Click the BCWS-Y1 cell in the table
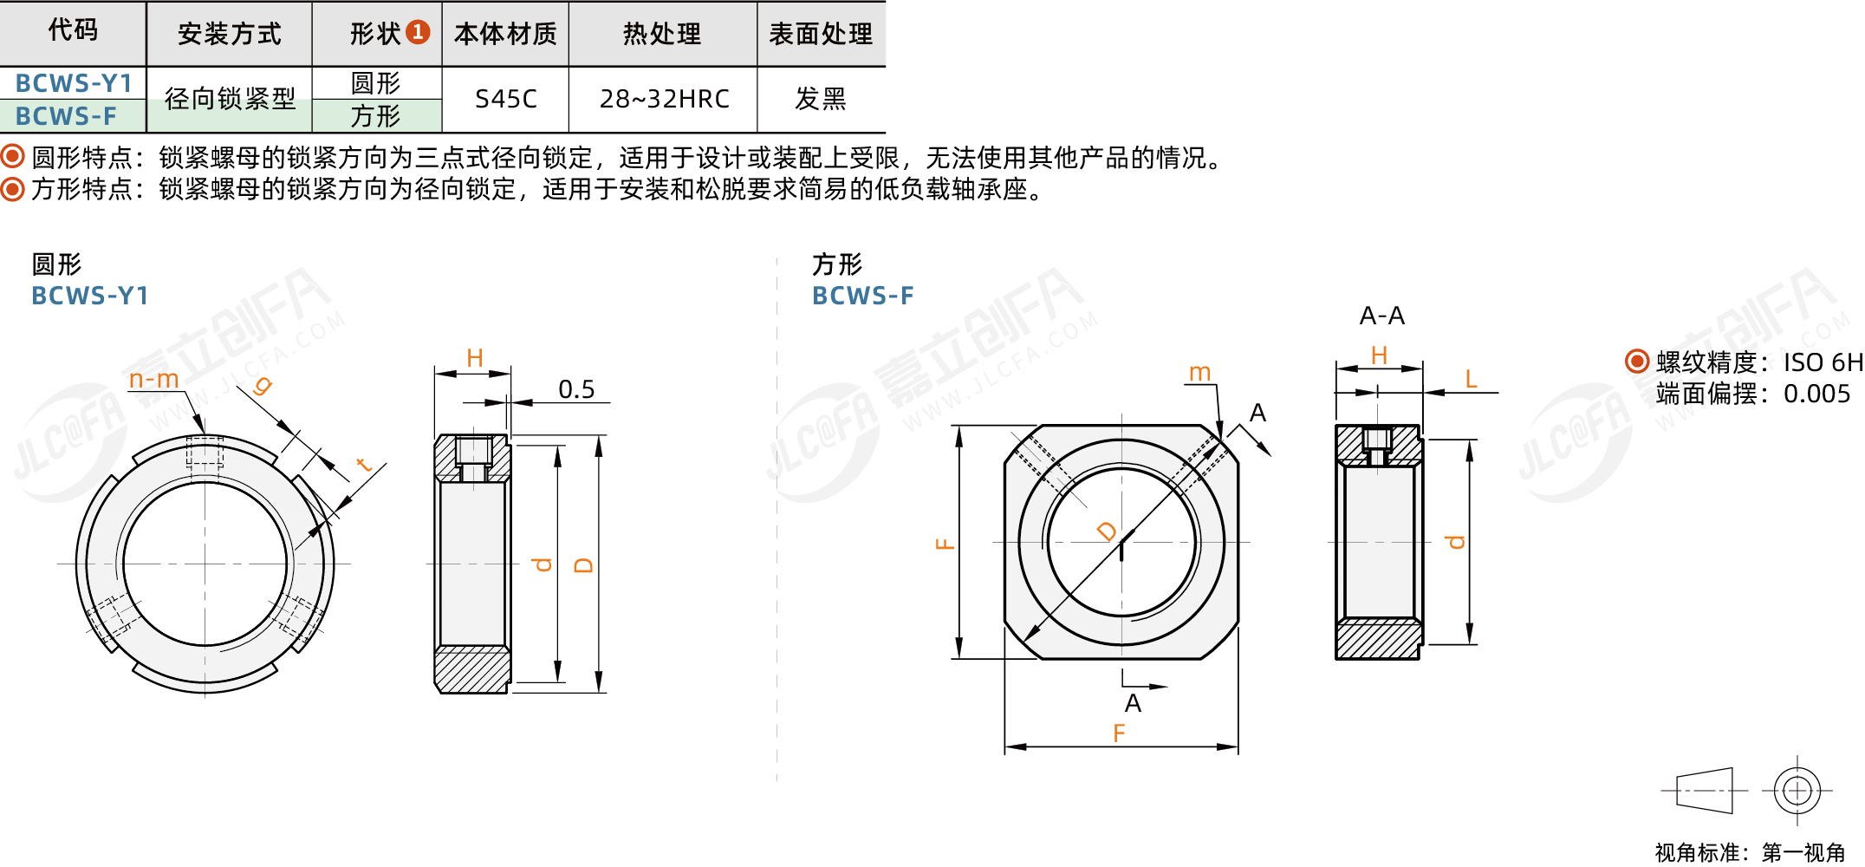pyautogui.click(x=74, y=83)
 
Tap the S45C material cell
pyautogui.click(x=506, y=99)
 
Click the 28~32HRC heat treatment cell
pyautogui.click(x=665, y=99)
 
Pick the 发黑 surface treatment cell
pyautogui.click(x=821, y=99)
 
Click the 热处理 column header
pyautogui.click(x=662, y=34)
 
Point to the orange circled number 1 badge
pyautogui.click(x=418, y=32)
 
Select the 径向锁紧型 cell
pyautogui.click(x=230, y=99)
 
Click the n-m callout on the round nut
pyautogui.click(x=153, y=379)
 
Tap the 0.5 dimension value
pyautogui.click(x=576, y=389)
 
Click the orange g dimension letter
pyautogui.click(x=262, y=385)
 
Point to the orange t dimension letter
pyautogui.click(x=364, y=465)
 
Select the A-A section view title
pyautogui.click(x=1382, y=316)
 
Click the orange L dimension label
pyautogui.click(x=1471, y=379)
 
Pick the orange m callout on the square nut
pyautogui.click(x=1199, y=373)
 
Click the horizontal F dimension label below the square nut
pyautogui.click(x=1119, y=733)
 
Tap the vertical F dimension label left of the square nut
pyautogui.click(x=945, y=544)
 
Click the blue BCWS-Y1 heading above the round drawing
pyautogui.click(x=90, y=296)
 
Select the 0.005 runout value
pyautogui.click(x=1816, y=394)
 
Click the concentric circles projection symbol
pyautogui.click(x=1797, y=791)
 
